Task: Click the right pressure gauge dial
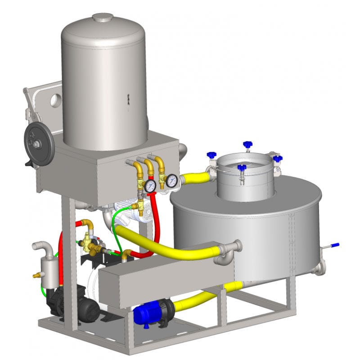click(171, 181)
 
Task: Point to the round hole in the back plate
click(55, 99)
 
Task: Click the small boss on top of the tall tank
click(103, 17)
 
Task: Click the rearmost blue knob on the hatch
click(247, 145)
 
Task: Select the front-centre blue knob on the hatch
click(242, 168)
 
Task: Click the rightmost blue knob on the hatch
click(278, 159)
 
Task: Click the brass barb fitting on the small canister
click(36, 274)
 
